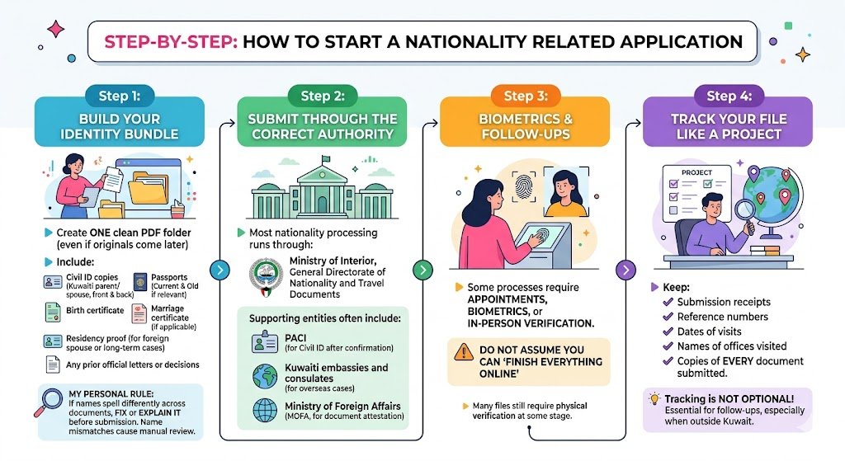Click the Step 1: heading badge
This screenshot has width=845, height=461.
click(119, 96)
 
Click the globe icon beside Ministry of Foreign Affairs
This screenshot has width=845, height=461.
click(266, 410)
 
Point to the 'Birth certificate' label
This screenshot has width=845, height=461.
click(95, 311)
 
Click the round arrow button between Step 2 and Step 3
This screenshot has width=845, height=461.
click(422, 270)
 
